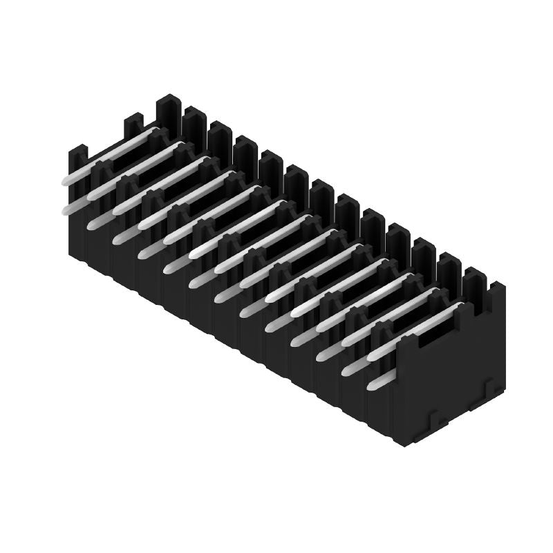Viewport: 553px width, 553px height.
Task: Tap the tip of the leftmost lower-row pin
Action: (x=66, y=209)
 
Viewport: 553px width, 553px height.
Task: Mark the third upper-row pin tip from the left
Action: (x=118, y=209)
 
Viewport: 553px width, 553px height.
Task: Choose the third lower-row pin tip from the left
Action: (x=118, y=238)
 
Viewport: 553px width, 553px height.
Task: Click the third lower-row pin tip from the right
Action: (x=322, y=356)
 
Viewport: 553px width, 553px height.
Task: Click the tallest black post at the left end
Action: (x=168, y=111)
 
